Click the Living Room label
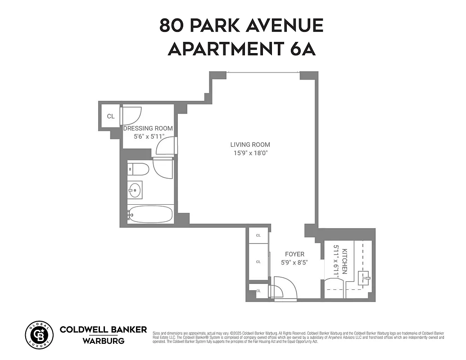pos(250,144)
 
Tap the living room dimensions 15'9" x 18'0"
pos(250,153)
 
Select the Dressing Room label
pos(148,128)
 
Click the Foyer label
pos(295,254)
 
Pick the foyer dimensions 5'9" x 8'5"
pos(295,262)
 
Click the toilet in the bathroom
pos(139,170)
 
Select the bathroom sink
pos(135,189)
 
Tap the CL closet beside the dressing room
pos(110,116)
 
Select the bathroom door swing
pos(163,168)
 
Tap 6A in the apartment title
pos(303,49)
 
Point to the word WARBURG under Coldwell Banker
pos(103,341)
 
